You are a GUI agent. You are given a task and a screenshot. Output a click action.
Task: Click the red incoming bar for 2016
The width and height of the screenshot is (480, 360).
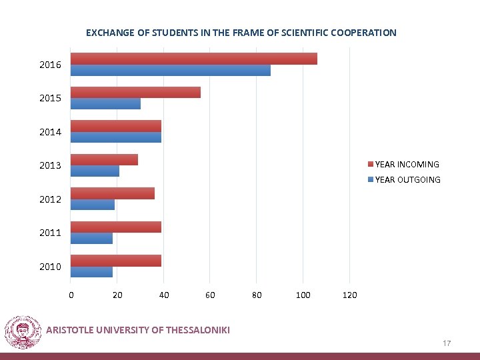[x=193, y=59]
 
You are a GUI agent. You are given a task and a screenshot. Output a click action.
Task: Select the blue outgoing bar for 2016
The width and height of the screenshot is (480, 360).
[x=170, y=70]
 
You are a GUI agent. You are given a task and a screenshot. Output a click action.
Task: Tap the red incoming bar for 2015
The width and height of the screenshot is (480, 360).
[x=135, y=93]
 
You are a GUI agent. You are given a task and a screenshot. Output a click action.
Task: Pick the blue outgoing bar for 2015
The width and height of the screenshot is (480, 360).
[x=105, y=104]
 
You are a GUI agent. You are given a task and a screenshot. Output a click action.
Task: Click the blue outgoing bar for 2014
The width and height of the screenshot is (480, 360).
[x=116, y=137]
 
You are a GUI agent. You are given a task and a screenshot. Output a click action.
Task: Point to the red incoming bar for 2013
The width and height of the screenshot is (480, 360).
[x=104, y=160]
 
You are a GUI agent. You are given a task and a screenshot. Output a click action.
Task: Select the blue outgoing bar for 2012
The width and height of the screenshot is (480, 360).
[x=93, y=205]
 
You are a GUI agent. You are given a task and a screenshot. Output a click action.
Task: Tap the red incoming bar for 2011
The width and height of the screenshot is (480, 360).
[x=116, y=227]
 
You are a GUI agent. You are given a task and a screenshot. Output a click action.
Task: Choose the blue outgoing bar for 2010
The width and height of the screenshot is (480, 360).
[x=91, y=272]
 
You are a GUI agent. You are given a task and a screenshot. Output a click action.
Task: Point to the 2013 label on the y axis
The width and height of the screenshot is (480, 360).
[x=50, y=165]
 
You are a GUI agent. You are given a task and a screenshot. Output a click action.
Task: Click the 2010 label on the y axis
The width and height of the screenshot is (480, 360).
[x=50, y=267]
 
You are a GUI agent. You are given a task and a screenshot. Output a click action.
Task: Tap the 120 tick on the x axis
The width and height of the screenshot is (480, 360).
[x=349, y=295]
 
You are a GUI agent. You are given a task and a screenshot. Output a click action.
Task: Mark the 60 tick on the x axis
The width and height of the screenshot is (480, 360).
[x=210, y=295]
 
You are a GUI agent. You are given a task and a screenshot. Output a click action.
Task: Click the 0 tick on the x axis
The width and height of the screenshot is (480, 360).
[x=71, y=295]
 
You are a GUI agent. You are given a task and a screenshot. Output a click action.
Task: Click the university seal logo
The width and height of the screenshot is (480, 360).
[x=23, y=332]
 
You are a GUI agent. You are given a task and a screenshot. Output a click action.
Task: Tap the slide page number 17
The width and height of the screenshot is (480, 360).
[x=447, y=343]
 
